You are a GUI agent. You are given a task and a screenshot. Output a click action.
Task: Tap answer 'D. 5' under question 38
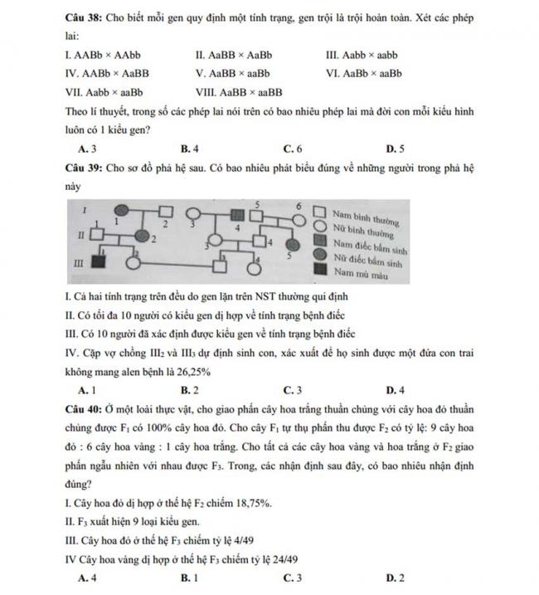396,149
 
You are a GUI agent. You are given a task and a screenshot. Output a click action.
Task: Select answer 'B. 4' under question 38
189,149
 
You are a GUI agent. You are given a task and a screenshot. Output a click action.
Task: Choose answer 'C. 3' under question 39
292,388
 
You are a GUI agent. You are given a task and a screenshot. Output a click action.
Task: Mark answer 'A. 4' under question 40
85,577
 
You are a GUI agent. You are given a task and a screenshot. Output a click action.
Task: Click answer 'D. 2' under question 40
396,577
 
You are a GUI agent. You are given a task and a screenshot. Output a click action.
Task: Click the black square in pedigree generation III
96,262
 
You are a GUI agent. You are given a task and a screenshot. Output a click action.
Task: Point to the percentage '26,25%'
192,373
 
